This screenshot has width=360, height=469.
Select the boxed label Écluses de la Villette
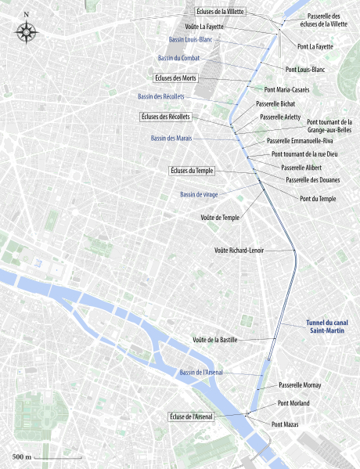click(x=221, y=13)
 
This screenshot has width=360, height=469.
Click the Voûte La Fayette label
click(x=204, y=27)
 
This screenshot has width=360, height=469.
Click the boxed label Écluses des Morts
click(x=175, y=78)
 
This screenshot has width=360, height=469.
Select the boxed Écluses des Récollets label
click(x=166, y=117)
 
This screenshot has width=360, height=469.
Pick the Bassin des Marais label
click(x=171, y=138)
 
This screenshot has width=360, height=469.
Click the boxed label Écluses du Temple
click(x=191, y=170)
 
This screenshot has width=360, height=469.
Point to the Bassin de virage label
click(x=199, y=194)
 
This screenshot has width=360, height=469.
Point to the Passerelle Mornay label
click(x=300, y=385)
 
